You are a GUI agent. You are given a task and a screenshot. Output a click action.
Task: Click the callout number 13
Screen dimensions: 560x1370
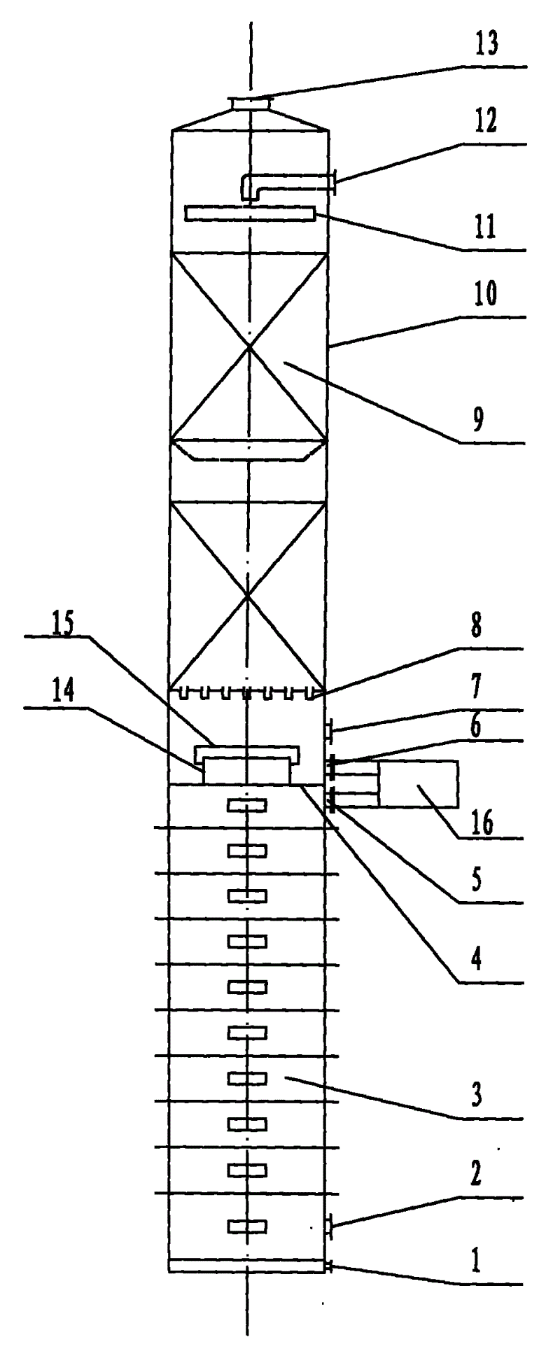pos(486,45)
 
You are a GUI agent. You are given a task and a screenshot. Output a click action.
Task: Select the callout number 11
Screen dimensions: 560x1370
pos(483,227)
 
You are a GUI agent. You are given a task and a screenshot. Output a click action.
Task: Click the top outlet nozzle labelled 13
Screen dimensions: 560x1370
pos(251,104)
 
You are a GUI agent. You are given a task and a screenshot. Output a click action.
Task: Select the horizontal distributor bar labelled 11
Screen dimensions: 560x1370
pos(249,214)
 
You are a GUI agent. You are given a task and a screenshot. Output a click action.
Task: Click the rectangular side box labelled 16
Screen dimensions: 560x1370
pos(418,784)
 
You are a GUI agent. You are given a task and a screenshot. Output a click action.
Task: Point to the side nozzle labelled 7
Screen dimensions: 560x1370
pos(329,731)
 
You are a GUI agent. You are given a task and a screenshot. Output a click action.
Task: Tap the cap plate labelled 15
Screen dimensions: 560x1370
pos(247,751)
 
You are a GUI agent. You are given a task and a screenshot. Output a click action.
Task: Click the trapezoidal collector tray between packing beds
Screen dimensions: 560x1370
pos(249,450)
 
